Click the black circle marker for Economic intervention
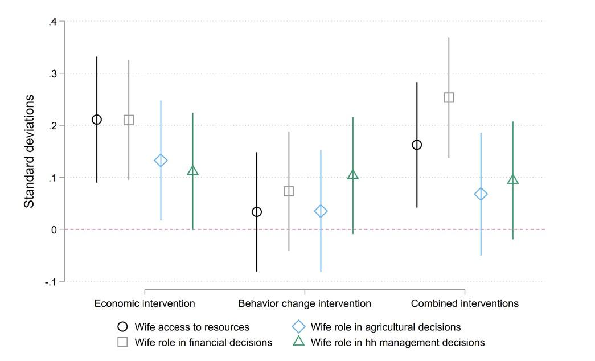tap(97, 120)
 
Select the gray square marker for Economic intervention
tap(129, 120)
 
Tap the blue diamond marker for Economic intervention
tap(161, 161)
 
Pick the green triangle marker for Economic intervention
tap(192, 170)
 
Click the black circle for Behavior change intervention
tap(257, 212)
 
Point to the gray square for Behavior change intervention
tap(289, 191)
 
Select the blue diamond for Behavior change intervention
tap(321, 211)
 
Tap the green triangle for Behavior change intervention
tap(353, 175)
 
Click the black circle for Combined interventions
tap(417, 145)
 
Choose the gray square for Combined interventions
tap(449, 97)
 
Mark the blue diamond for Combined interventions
tap(481, 194)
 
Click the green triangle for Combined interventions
tap(513, 180)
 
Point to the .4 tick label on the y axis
tap(52, 22)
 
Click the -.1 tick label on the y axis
tap(51, 281)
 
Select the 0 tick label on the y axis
tap(55, 229)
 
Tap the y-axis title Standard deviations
tap(29, 151)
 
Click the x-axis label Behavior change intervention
tap(304, 303)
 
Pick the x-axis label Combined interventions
tap(465, 303)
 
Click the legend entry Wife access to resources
tap(192, 327)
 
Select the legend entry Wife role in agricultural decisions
tap(385, 327)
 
